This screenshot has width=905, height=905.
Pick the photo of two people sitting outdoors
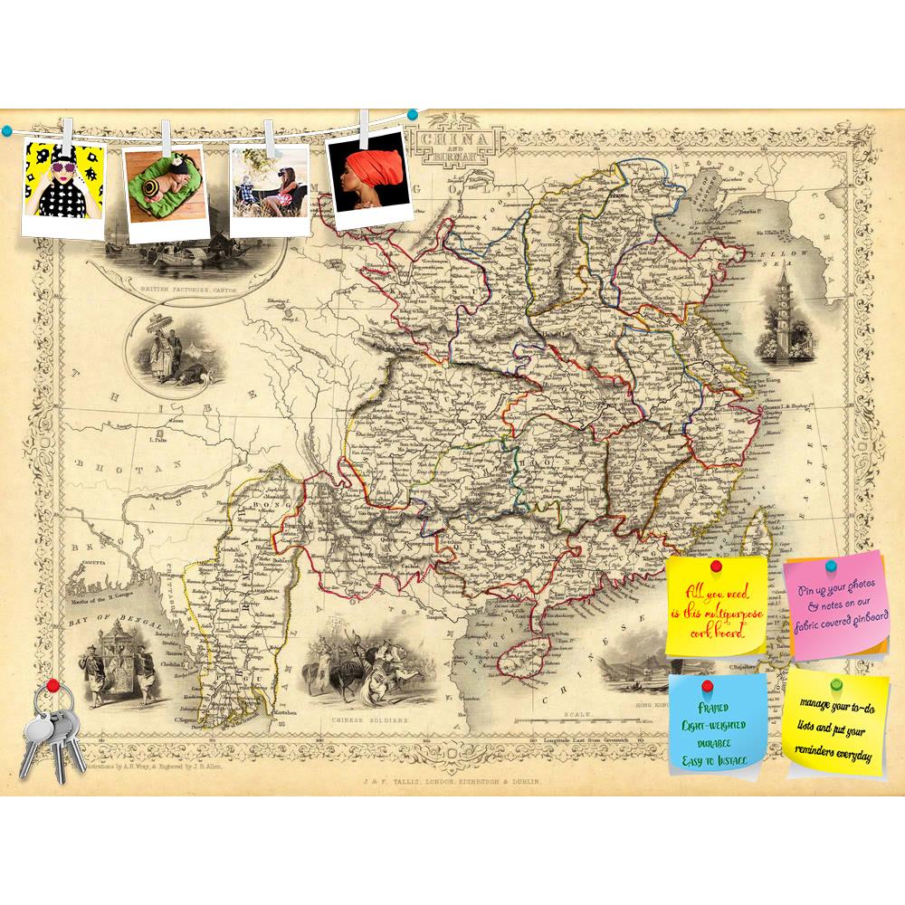pyautogui.click(x=268, y=186)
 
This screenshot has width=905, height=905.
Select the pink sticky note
pyautogui.click(x=837, y=608)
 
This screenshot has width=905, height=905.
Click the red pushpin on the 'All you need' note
pyautogui.click(x=716, y=567)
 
